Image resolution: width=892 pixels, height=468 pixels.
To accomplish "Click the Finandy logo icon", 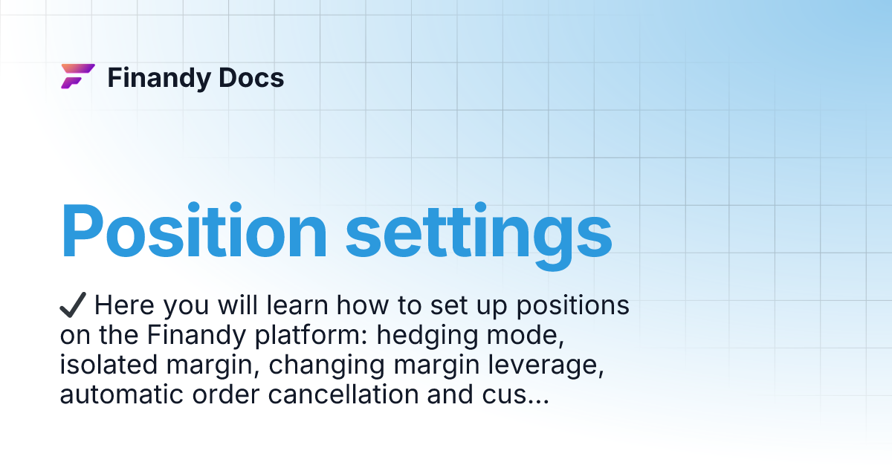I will [x=77, y=77].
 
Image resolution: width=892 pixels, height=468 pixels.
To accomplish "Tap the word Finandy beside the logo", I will [x=154, y=77].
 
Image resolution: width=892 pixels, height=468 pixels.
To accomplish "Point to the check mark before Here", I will [x=74, y=305].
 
